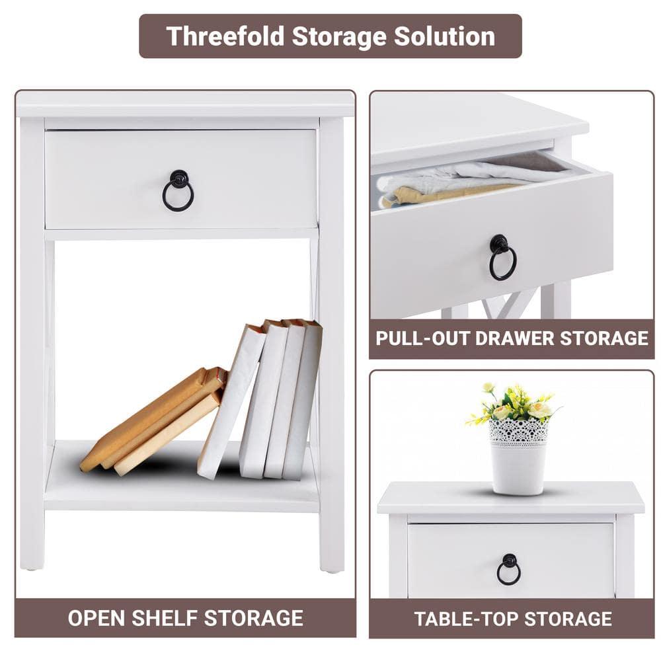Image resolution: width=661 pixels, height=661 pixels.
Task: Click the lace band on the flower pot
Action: tap(519, 432)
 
